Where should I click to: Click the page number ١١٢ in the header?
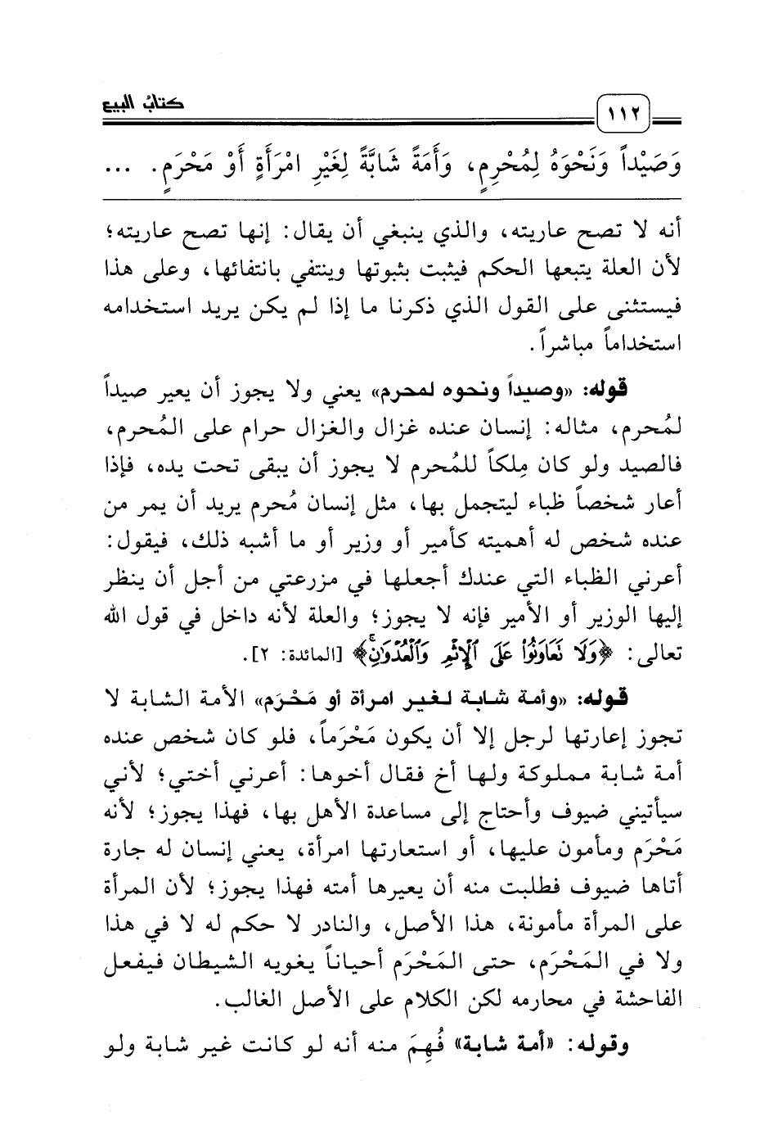coord(624,108)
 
